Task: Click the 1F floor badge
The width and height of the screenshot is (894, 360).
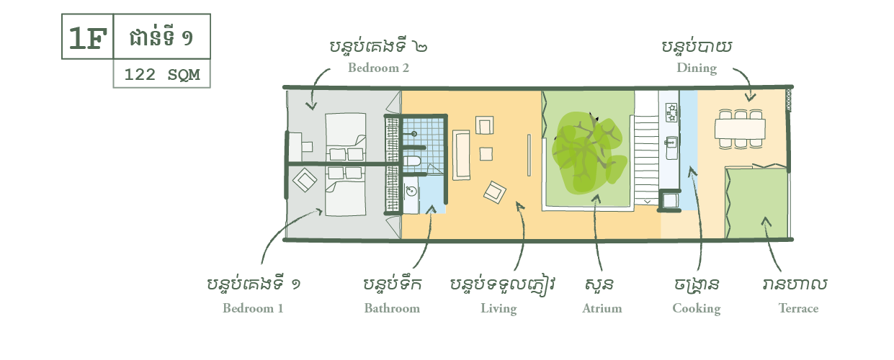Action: coord(86,38)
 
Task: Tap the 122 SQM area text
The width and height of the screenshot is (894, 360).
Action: coord(161,74)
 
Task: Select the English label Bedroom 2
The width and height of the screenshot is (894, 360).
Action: coord(378,68)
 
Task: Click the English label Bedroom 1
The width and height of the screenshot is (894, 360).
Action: coord(253,308)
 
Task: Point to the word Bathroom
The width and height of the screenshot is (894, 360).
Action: coord(391,308)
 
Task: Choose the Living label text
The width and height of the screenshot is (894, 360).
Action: coord(499,309)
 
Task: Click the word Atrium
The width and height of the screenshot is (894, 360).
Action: coord(602,308)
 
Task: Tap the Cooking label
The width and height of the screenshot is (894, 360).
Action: coord(696,308)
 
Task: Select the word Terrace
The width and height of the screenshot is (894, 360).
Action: coord(798,308)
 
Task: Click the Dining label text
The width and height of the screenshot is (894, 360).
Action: coord(696,68)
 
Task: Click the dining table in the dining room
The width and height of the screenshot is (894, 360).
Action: coord(740,128)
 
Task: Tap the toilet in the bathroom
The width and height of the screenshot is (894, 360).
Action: coord(412,161)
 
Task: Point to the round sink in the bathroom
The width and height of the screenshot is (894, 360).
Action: coord(410,191)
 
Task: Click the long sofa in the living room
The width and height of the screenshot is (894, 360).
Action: coord(461,154)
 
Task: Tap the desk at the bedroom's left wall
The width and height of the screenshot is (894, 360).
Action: coord(295,147)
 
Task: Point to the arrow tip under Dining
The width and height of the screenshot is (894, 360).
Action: coord(751,100)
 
